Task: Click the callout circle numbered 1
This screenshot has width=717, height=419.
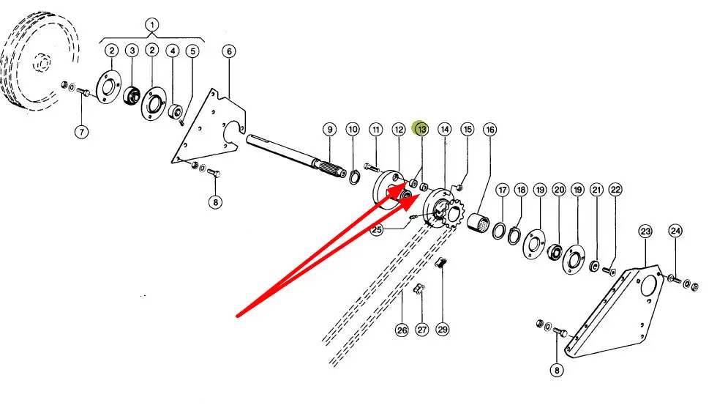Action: point(152,24)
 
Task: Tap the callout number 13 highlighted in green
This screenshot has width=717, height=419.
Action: point(421,129)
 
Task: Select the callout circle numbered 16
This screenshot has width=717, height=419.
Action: point(489,130)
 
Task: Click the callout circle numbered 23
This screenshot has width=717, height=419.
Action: point(645,231)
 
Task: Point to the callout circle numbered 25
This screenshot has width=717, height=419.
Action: point(377,230)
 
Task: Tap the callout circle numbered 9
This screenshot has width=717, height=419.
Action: point(329,130)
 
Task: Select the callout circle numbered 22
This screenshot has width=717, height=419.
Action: point(615,190)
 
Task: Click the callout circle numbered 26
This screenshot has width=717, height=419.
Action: point(402,330)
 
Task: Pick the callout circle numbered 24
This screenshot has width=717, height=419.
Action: point(675,231)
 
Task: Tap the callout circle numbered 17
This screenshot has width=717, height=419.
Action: point(502,190)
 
